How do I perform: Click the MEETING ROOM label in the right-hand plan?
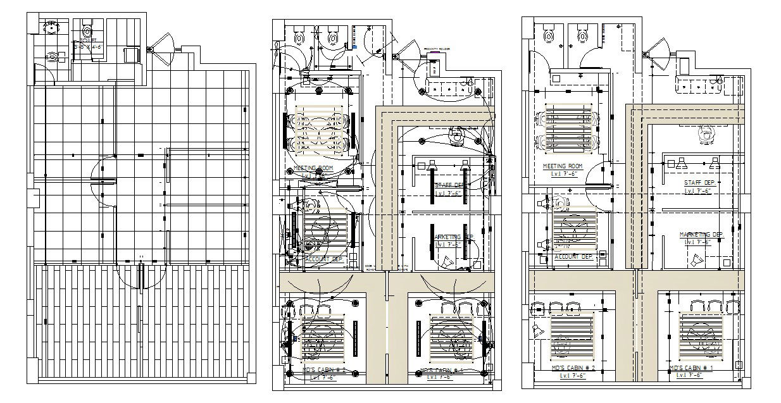coord(563,166)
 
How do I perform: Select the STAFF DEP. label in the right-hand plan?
coord(697,183)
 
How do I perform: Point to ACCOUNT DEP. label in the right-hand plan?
coord(573,257)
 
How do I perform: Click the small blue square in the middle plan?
coord(354,46)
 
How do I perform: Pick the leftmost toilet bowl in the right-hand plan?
coord(549,35)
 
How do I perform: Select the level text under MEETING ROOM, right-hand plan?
coord(563,173)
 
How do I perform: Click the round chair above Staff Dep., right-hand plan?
coord(706,133)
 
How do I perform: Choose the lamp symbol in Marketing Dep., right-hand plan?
coord(697,260)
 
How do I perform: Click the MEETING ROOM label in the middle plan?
coord(313,168)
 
